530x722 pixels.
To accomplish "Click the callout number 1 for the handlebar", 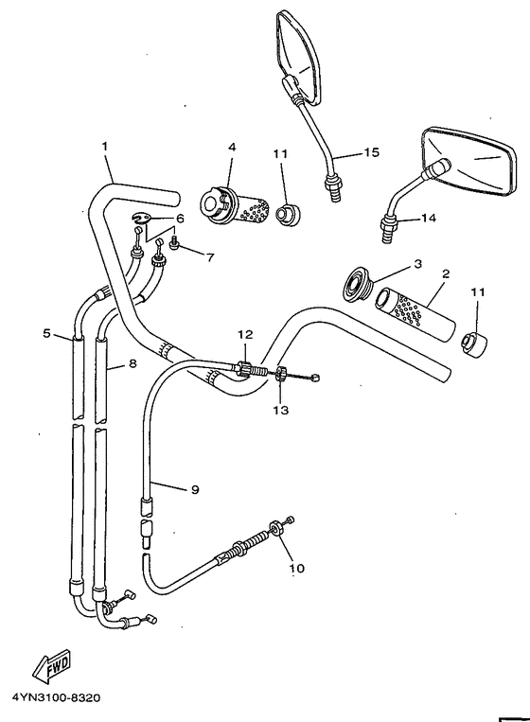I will (105, 146).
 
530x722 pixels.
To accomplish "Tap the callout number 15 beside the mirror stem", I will (370, 152).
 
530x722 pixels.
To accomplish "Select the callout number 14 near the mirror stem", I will (429, 218).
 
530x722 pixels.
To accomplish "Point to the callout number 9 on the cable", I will (194, 489).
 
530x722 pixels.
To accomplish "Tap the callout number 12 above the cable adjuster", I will (245, 334).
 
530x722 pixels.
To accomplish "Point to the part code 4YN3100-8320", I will (56, 699).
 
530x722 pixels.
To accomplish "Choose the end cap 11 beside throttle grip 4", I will (285, 211).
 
